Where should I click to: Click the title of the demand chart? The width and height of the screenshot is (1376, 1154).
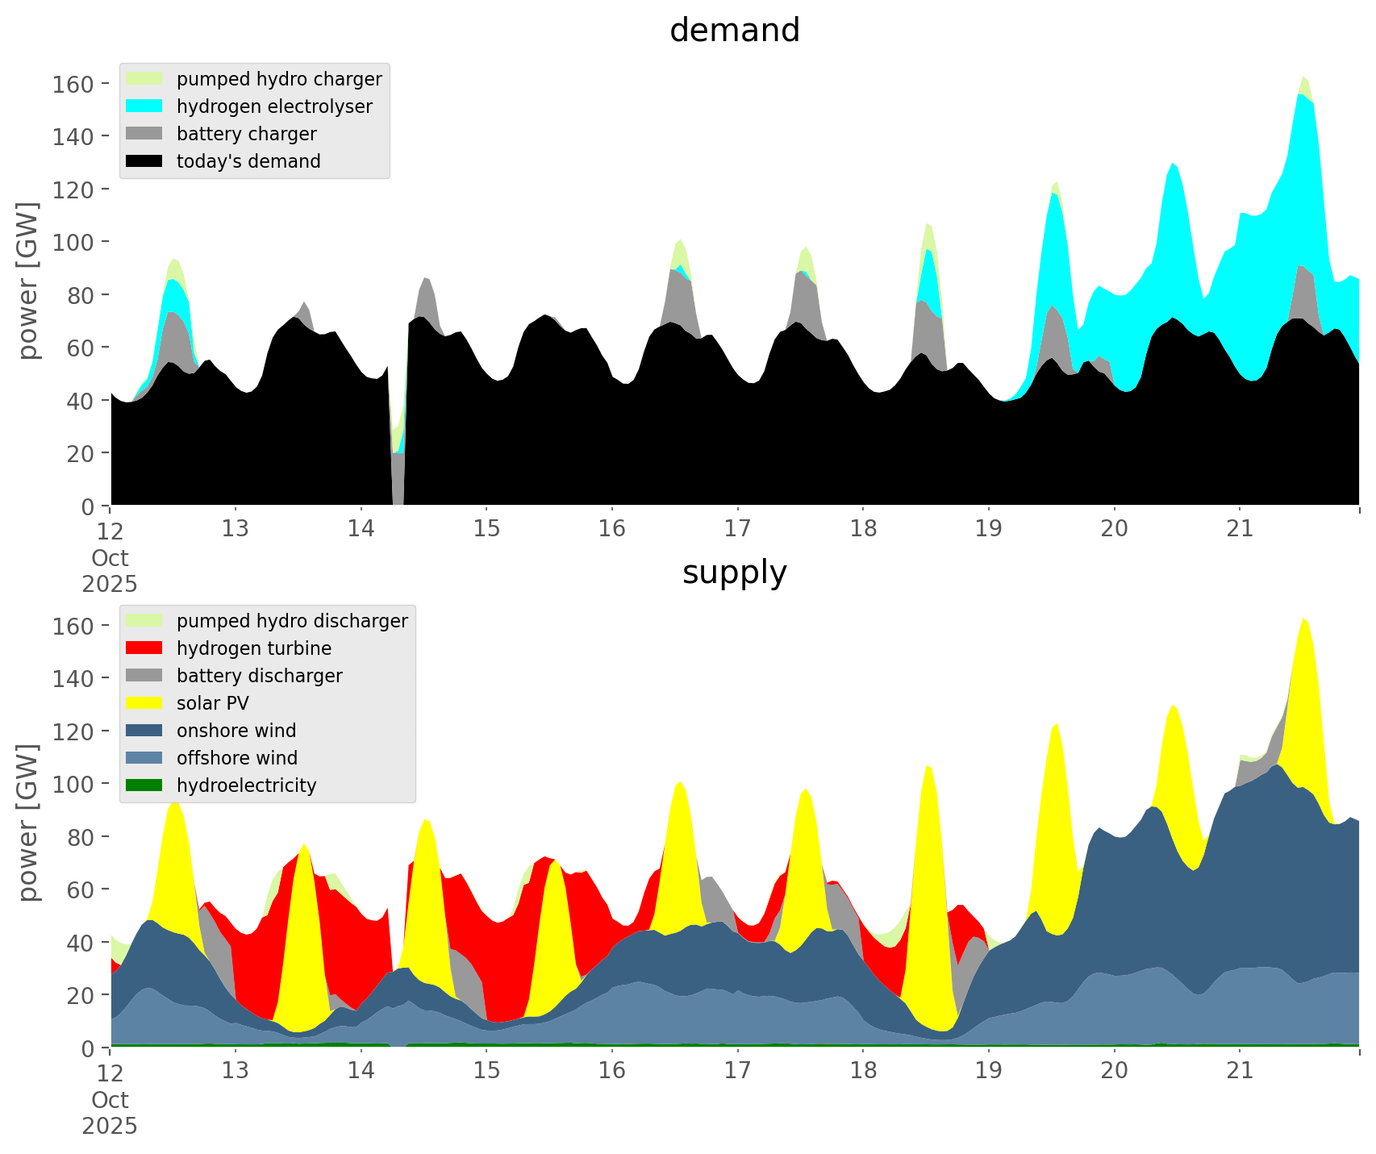click(x=734, y=31)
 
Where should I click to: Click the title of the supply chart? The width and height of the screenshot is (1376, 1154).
click(x=734, y=573)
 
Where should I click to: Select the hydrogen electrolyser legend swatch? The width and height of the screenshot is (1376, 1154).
click(x=144, y=106)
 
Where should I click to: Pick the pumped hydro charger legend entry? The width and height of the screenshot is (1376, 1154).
click(x=278, y=79)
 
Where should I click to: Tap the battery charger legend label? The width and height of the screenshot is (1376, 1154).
click(x=246, y=134)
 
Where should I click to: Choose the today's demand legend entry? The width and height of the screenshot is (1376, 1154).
click(x=248, y=161)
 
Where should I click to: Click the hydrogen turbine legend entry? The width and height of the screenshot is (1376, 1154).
click(x=253, y=648)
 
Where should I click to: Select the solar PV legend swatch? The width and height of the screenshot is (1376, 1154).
click(x=144, y=703)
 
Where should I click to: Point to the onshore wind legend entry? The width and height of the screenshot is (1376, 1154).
click(x=236, y=731)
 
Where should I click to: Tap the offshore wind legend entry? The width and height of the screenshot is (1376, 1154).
click(x=236, y=758)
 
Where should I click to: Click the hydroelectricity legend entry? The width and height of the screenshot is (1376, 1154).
click(x=246, y=785)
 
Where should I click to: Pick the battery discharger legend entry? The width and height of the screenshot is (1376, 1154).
click(x=259, y=676)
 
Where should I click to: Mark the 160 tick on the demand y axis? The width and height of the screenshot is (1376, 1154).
click(x=73, y=84)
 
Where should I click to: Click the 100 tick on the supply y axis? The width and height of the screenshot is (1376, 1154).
click(x=73, y=784)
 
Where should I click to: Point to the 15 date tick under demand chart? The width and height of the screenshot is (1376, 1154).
click(x=486, y=529)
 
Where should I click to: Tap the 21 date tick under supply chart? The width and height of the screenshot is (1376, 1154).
click(x=1240, y=1071)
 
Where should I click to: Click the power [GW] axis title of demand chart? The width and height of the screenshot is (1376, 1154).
click(x=28, y=281)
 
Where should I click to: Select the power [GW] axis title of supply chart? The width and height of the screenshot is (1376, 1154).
click(x=28, y=823)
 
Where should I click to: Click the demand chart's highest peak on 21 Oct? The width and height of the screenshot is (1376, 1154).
click(x=1303, y=77)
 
